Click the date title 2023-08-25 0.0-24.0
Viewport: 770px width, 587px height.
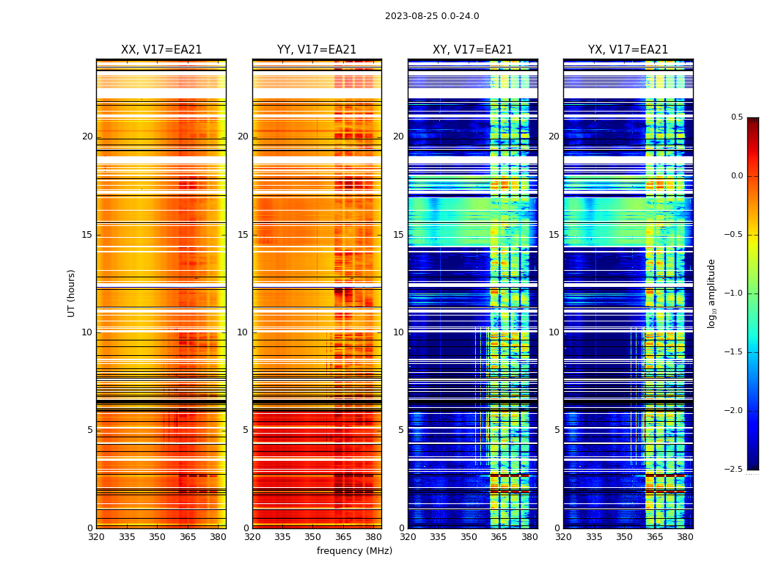[x=432, y=16]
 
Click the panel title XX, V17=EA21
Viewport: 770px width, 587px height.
[x=161, y=50]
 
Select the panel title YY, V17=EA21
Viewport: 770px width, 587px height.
[x=317, y=50]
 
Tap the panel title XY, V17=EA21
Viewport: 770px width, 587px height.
[x=473, y=50]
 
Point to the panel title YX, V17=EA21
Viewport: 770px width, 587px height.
[x=628, y=50]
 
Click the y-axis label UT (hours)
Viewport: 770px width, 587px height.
[x=72, y=293]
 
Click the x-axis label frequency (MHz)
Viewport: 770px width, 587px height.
[x=354, y=551]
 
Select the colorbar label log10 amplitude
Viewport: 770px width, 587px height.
[x=711, y=293]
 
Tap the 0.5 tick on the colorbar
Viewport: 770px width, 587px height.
[x=736, y=117]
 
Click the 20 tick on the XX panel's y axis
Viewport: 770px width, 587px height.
[x=87, y=136]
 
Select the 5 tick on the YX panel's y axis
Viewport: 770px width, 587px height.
[x=557, y=430]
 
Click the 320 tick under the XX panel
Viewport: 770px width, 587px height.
[x=96, y=536]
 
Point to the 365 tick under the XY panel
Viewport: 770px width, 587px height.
[x=499, y=536]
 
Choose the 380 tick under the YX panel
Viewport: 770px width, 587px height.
[x=685, y=536]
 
